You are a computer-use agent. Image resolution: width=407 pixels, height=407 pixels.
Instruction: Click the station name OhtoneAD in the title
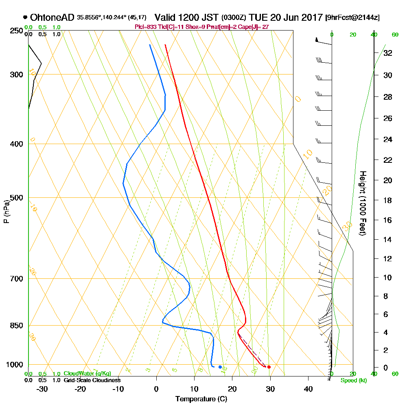(52, 18)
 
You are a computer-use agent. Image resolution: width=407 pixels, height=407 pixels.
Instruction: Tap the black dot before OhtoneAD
(25, 18)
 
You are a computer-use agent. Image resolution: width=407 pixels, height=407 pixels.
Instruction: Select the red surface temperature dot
(269, 367)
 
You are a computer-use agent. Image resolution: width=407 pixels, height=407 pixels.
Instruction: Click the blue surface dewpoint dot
(220, 367)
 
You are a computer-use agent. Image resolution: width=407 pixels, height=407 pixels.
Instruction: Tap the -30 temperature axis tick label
(42, 389)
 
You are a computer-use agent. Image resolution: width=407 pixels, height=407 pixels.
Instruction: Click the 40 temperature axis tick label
(308, 389)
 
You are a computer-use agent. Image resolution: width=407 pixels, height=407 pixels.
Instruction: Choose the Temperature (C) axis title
(201, 399)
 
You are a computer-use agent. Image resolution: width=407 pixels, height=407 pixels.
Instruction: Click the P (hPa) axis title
(6, 212)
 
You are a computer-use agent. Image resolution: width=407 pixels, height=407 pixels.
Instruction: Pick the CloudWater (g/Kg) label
(87, 374)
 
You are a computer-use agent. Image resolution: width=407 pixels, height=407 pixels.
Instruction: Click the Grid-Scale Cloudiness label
(92, 380)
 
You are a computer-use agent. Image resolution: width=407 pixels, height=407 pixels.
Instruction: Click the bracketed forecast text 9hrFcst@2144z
(352, 18)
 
